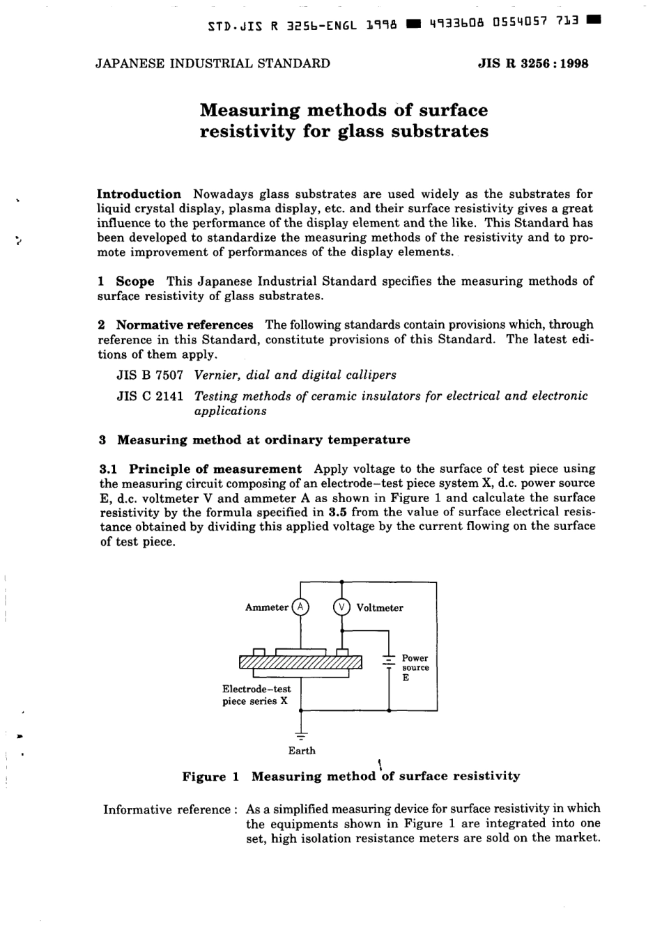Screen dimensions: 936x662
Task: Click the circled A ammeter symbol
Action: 300,607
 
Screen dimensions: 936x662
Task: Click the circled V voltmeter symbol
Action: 342,607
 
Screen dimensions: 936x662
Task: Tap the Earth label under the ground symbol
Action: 302,751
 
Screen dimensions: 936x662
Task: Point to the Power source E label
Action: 415,667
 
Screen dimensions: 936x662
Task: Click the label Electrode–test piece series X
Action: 256,695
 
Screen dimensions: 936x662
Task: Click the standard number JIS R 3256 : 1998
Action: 533,63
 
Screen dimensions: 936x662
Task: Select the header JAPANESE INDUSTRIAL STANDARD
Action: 213,63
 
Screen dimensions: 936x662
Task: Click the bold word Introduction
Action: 139,194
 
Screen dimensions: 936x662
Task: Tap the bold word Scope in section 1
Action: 135,281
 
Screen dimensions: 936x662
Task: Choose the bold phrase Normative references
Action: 185,325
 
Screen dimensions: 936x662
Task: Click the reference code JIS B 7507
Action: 150,375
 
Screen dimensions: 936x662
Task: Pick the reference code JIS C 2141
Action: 150,396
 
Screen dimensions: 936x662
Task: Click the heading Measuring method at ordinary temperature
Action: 263,440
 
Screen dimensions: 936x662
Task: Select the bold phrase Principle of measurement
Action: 215,469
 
